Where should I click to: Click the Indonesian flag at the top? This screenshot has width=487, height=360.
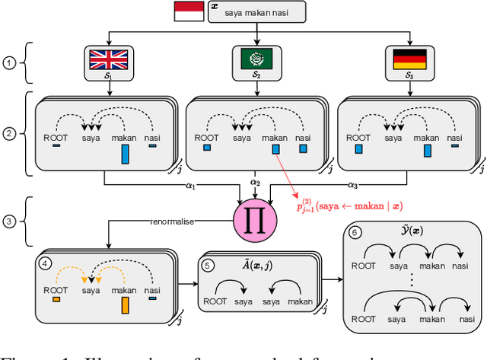point(188,11)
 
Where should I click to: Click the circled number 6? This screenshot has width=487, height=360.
point(355,234)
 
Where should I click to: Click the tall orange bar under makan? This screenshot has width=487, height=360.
point(125,307)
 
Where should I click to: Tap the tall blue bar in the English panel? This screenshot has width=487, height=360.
point(125,155)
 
